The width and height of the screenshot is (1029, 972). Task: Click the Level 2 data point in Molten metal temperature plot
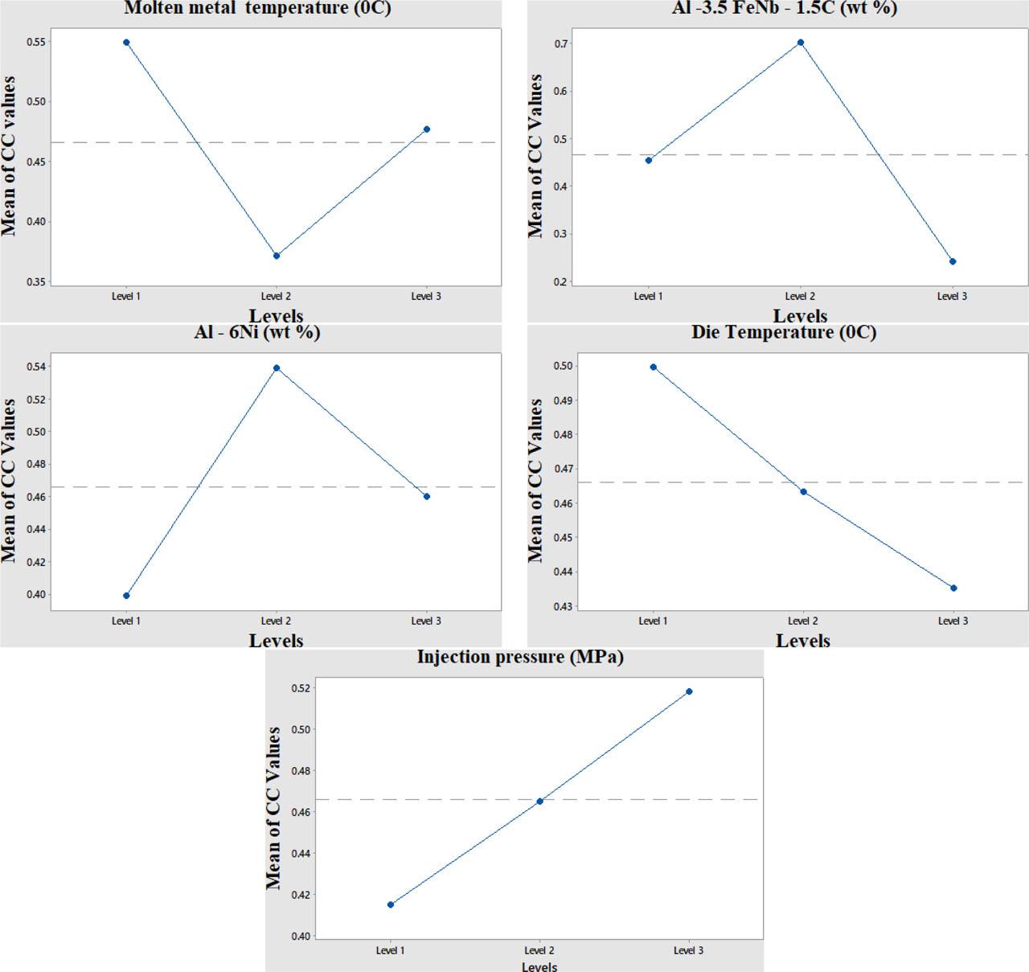(277, 256)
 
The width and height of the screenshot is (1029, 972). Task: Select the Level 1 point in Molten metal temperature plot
(126, 42)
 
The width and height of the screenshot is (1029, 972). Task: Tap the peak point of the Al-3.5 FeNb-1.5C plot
(801, 43)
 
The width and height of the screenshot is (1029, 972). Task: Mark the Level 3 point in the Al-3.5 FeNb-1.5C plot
(953, 261)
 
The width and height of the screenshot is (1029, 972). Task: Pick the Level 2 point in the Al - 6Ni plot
(277, 367)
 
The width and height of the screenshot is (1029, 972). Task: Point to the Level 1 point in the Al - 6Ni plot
(126, 596)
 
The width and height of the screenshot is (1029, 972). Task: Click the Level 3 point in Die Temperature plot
(953, 588)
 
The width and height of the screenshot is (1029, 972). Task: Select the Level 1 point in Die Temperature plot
(653, 367)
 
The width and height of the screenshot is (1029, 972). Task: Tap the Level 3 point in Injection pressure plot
(689, 691)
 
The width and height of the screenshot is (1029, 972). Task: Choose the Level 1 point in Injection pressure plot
(391, 904)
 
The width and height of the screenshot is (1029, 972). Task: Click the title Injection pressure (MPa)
(520, 657)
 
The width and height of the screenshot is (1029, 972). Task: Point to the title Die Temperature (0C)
(784, 332)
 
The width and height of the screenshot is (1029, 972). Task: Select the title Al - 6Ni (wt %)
(257, 332)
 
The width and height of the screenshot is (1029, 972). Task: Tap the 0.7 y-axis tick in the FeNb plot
(560, 43)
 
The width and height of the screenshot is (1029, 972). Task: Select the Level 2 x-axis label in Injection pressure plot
(539, 950)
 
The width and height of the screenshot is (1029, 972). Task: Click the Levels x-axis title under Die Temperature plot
(802, 641)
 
